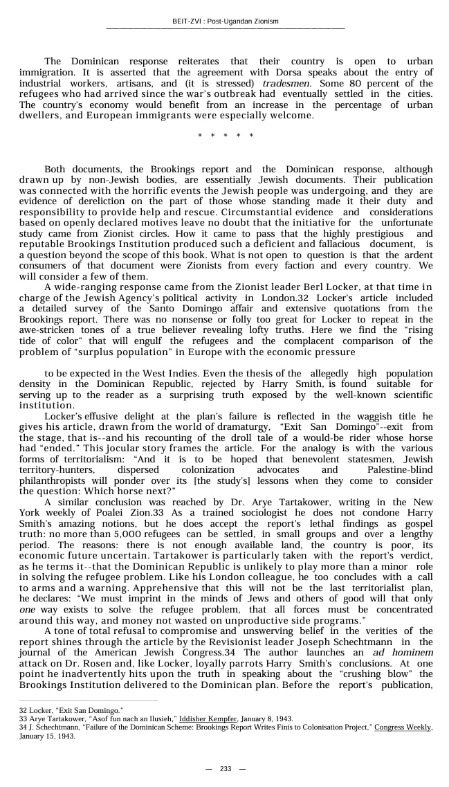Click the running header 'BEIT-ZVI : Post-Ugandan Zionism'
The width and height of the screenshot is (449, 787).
[x=225, y=21]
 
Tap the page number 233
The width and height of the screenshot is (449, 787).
[x=226, y=769]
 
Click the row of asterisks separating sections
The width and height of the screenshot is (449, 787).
[x=226, y=136]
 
